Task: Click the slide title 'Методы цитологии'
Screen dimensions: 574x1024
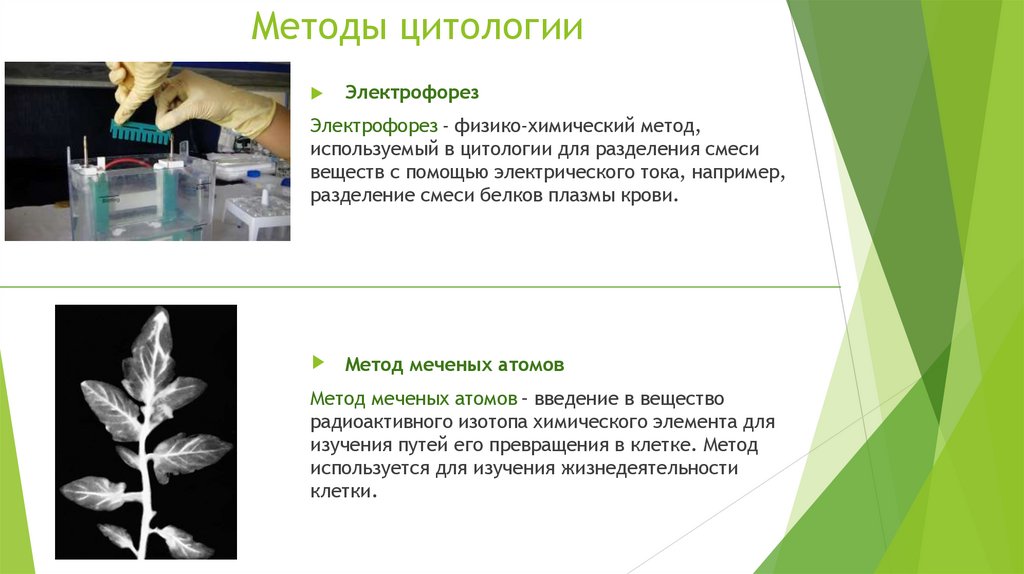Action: [x=416, y=26]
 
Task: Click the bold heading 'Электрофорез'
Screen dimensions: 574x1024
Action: [x=412, y=92]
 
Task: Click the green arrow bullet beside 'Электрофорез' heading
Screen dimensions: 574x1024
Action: [x=317, y=92]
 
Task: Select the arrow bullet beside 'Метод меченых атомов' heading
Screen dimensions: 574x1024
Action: [x=317, y=361]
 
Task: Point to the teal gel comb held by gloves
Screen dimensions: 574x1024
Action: [x=140, y=129]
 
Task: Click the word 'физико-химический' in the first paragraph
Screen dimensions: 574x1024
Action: [x=529, y=127]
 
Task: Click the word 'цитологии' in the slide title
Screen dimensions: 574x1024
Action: [x=492, y=26]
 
